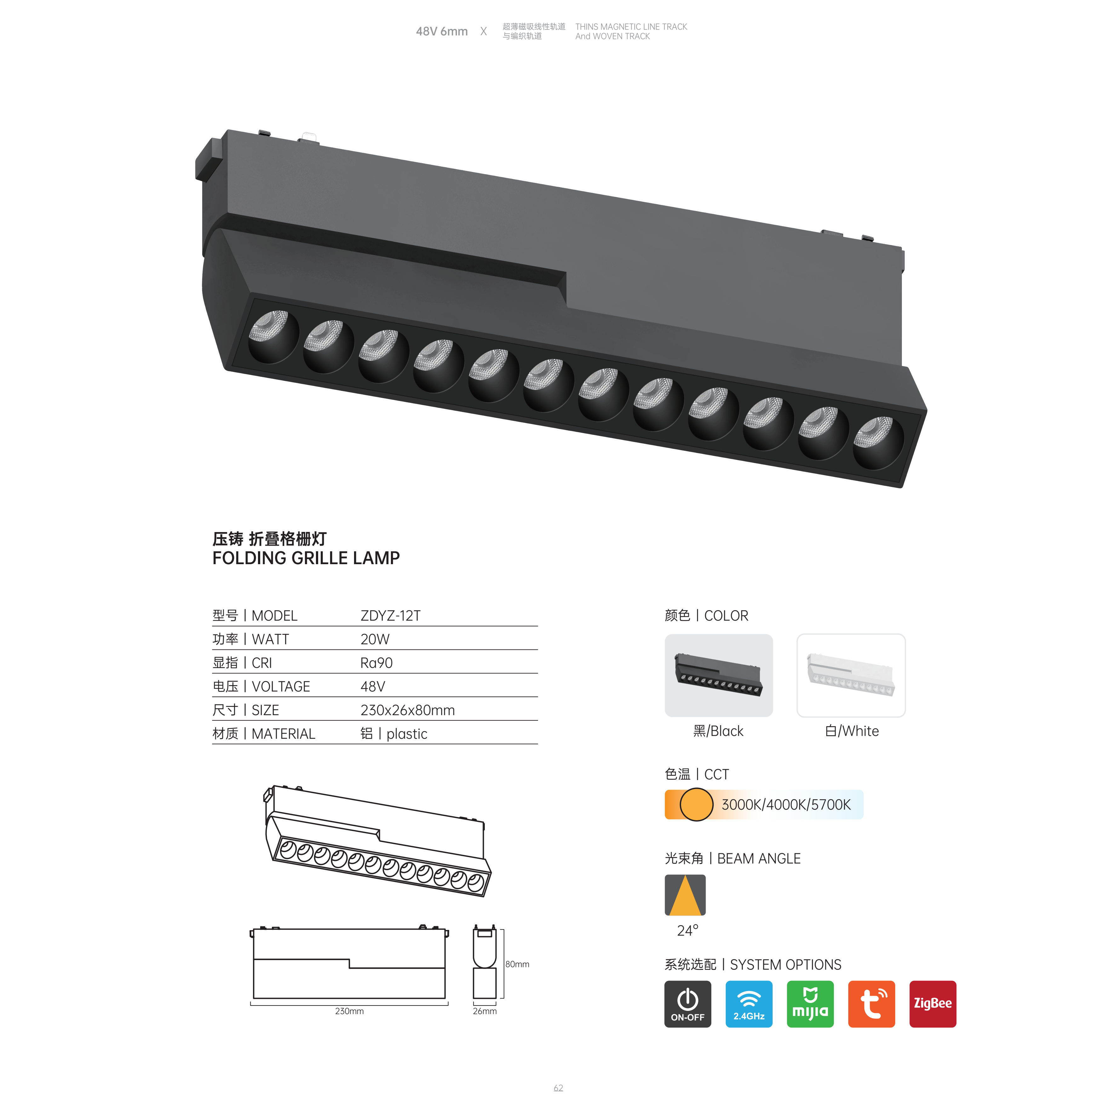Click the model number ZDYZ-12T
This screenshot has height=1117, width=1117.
pyautogui.click(x=390, y=616)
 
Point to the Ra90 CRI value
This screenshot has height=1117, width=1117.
pyautogui.click(x=376, y=663)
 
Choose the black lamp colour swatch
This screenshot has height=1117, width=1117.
pyautogui.click(x=719, y=675)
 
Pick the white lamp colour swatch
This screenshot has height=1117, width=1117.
pyautogui.click(x=851, y=675)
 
